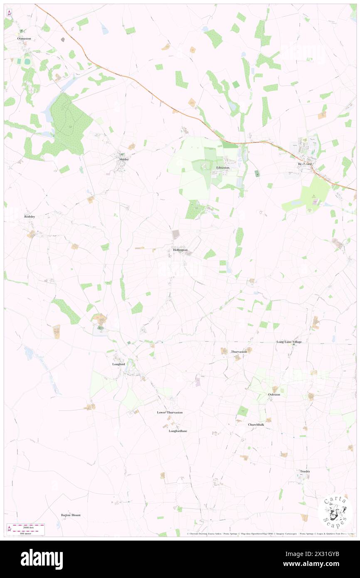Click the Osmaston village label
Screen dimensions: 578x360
[24, 38]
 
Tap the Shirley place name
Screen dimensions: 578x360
[123, 159]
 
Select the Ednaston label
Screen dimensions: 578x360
[223, 168]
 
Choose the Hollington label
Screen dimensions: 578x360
[180, 250]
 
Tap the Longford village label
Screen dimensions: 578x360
[118, 364]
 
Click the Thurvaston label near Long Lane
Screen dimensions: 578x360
[239, 352]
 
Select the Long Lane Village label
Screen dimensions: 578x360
[289, 342]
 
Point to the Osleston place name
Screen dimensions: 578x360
[274, 394]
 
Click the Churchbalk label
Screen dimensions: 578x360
[256, 425]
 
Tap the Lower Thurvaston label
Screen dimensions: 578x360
[170, 412]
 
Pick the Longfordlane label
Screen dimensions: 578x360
[178, 431]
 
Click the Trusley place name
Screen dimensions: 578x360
[305, 471]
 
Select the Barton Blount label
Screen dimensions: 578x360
[70, 515]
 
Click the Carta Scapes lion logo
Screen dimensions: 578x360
[335, 512]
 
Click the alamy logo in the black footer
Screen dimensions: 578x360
[42, 559]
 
